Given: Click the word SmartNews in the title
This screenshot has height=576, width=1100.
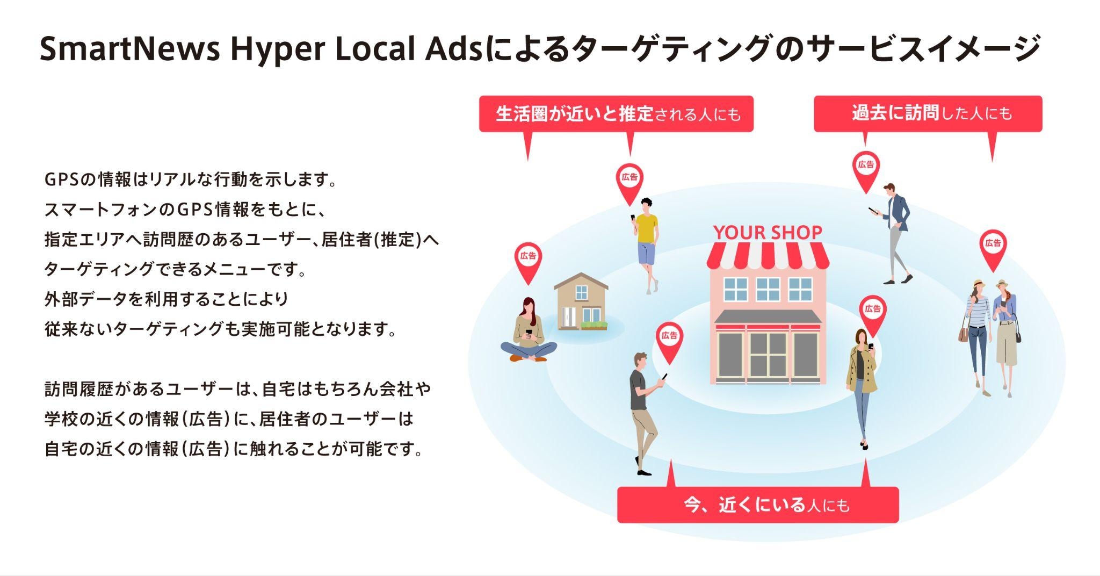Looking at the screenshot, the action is tap(131, 49).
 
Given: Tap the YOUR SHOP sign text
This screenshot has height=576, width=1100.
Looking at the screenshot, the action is tap(768, 232).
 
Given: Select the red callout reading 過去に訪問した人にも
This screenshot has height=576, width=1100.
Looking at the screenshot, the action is tap(928, 113).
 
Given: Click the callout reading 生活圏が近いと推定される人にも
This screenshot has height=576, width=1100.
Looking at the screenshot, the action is tap(616, 114).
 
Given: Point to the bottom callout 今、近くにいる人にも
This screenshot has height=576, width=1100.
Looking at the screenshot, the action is tap(758, 505).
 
